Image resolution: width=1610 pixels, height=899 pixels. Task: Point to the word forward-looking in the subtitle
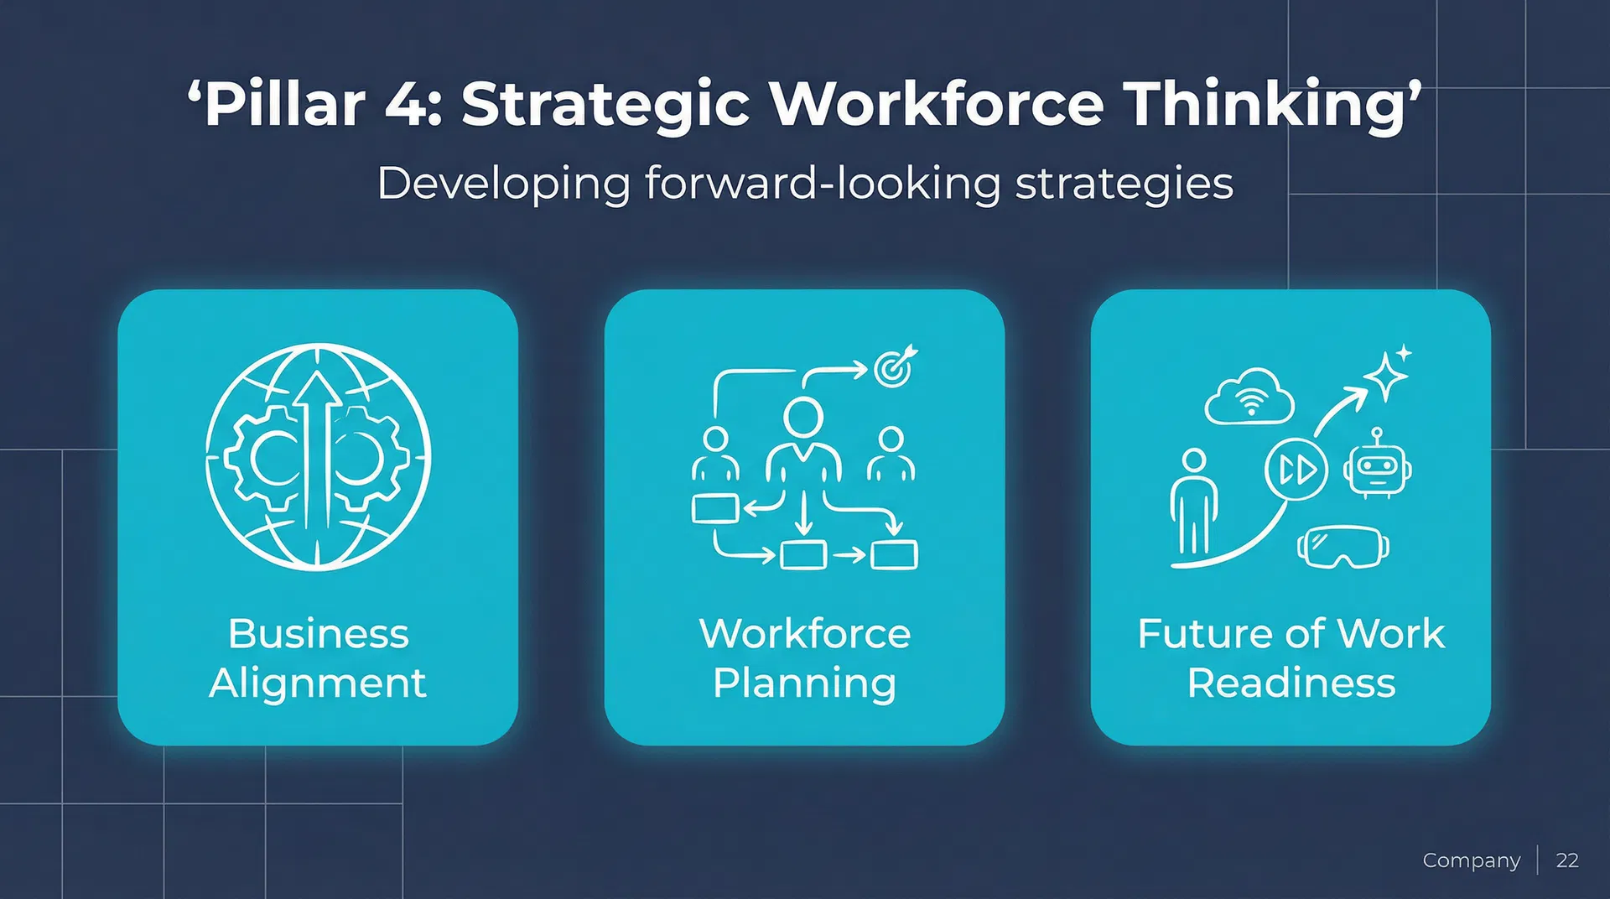tap(823, 184)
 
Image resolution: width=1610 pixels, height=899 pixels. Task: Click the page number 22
tap(1567, 860)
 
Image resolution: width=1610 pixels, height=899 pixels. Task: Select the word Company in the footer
tap(1471, 860)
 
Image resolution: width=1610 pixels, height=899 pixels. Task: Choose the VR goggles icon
tap(1343, 546)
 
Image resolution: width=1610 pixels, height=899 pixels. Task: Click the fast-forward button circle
tap(1296, 470)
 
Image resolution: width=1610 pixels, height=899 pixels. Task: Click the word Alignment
tap(318, 683)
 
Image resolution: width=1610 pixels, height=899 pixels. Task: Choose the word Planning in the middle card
tap(804, 683)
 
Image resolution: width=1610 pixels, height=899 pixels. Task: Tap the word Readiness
tap(1291, 683)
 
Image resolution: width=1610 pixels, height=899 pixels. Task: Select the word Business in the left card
tap(318, 633)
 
